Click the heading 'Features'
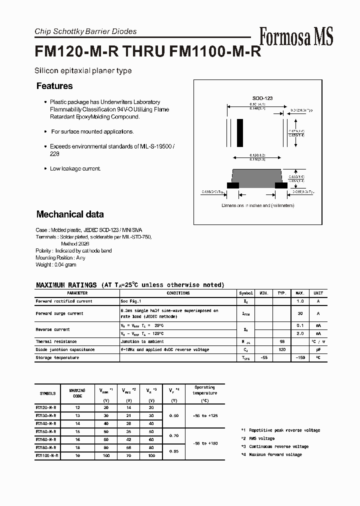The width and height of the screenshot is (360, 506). point(54,86)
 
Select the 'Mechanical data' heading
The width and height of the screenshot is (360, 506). point(70,214)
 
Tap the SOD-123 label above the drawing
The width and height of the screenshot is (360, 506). point(262,98)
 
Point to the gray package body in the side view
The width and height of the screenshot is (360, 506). point(257,177)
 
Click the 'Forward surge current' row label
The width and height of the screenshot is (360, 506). point(59,313)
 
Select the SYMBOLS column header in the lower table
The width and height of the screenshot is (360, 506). point(47,393)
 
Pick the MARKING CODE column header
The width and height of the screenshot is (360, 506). point(77,393)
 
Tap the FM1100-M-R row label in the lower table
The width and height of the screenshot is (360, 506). point(47,455)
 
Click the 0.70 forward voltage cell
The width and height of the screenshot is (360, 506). point(173,435)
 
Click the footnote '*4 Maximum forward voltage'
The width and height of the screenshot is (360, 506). point(271,454)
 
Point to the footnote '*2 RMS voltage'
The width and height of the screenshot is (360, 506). point(257,438)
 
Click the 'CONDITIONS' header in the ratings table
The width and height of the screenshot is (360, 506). point(178,293)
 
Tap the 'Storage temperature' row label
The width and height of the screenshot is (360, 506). point(57,358)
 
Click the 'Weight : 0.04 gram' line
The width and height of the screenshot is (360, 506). point(56,265)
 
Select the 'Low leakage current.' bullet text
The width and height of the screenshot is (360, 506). point(75,169)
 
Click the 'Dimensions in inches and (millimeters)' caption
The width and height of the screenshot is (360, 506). point(258,205)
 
